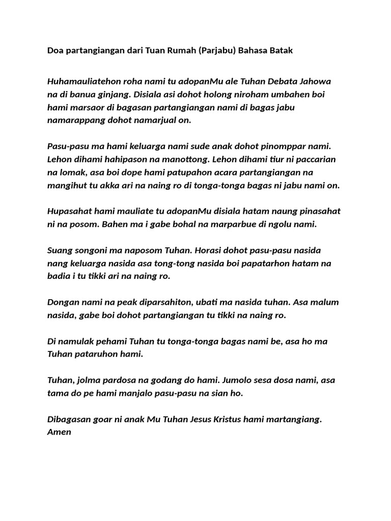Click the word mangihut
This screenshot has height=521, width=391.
click(x=67, y=186)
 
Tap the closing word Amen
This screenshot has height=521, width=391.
click(x=59, y=432)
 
